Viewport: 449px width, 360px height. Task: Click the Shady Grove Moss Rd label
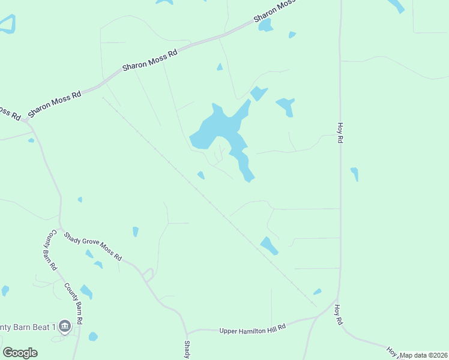click(93, 247)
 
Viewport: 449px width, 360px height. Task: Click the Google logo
click(20, 353)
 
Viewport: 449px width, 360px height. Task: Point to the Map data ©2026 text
click(424, 355)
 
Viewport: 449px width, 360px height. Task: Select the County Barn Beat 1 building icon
click(65, 326)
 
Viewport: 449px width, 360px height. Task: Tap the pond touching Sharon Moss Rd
click(265, 25)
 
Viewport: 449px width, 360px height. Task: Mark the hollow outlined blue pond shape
click(7, 24)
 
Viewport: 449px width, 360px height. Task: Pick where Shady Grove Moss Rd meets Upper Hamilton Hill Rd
click(187, 332)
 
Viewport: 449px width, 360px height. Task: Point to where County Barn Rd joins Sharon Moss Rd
click(27, 120)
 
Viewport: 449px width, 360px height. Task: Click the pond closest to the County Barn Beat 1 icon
click(93, 337)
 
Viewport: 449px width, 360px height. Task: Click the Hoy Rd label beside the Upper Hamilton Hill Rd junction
click(339, 317)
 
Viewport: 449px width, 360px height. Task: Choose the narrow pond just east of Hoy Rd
click(355, 174)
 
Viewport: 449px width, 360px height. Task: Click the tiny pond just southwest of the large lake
click(201, 175)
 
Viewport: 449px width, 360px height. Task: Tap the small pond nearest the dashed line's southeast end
click(317, 292)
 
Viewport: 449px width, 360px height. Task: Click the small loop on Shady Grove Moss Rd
click(148, 275)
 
